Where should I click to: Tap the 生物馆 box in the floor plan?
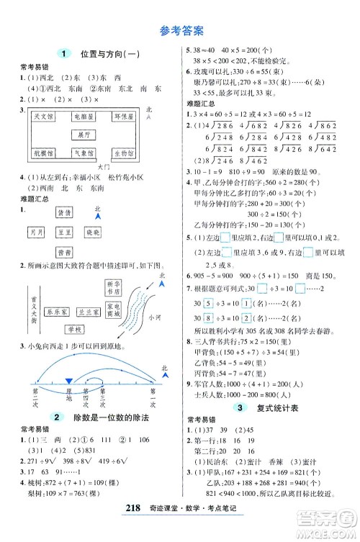pyautogui.click(x=122, y=153)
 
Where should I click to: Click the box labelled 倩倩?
pyautogui.click(x=64, y=213)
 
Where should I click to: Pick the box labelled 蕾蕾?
pyautogui.click(x=64, y=252)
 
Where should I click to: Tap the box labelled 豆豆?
pyautogui.click(x=64, y=232)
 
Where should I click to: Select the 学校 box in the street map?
pyautogui.click(x=75, y=329)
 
